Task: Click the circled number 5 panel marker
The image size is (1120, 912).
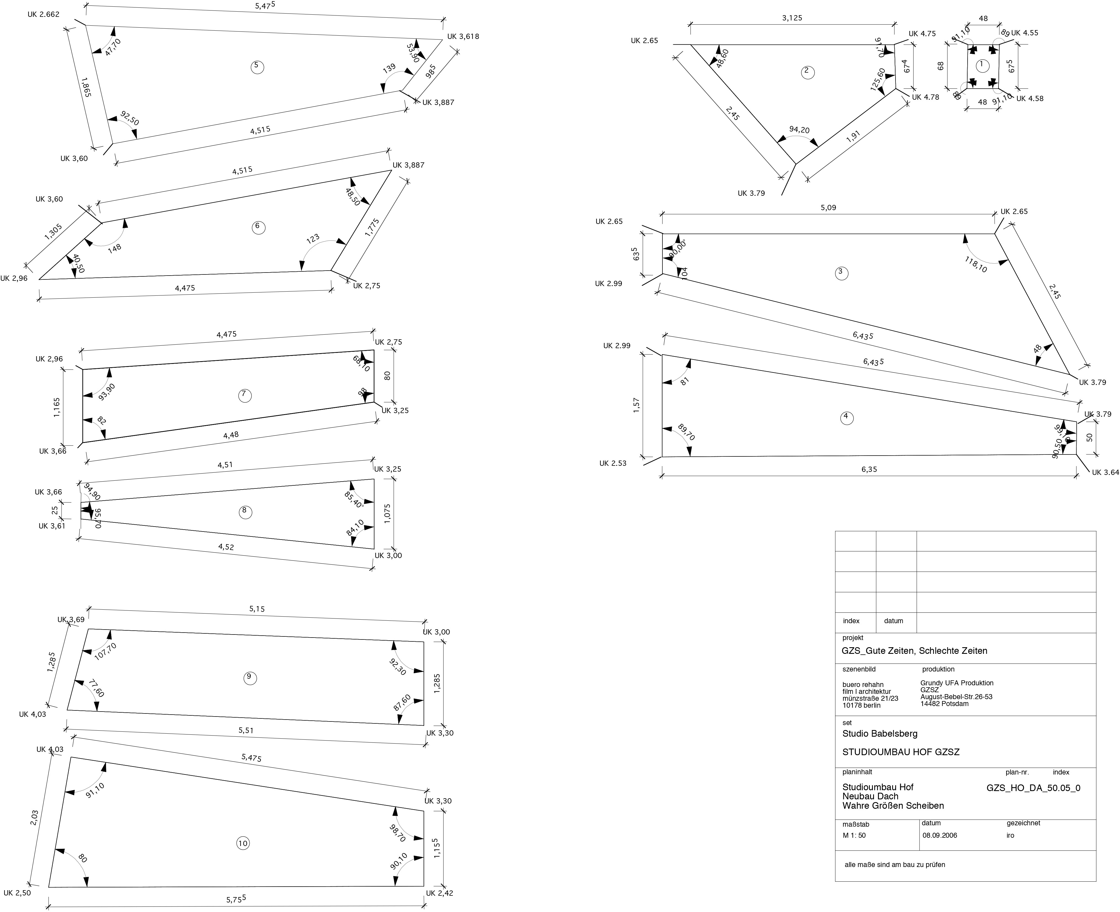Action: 257,67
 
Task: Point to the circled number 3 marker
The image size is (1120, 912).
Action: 841,272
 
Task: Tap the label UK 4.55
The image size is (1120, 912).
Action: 1024,33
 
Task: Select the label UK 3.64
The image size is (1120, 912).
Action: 1105,472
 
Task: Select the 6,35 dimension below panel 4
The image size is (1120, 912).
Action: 869,469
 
